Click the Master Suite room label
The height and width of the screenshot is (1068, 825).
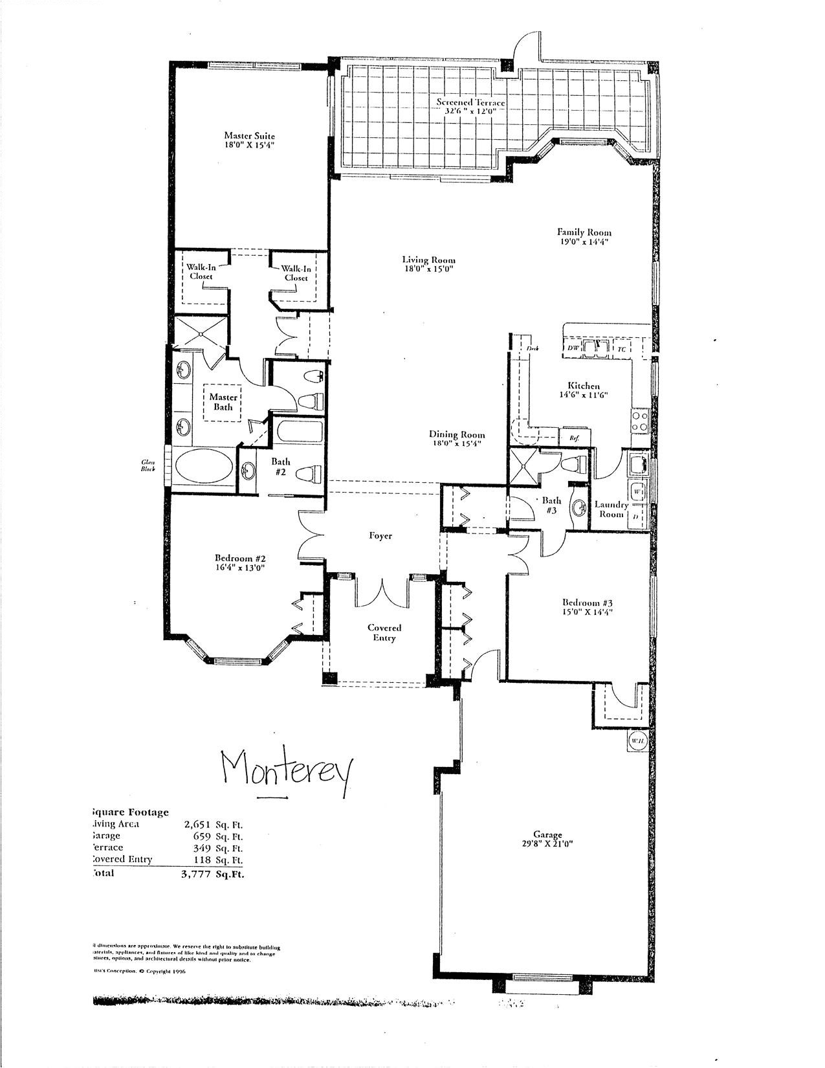[249, 136]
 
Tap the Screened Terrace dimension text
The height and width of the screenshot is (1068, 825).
[470, 111]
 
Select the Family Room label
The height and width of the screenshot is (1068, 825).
[584, 232]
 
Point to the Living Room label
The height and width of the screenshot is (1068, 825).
[424, 260]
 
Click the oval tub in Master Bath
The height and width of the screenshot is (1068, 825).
[203, 467]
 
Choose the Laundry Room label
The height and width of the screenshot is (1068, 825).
[611, 509]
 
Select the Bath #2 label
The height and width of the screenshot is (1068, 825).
[280, 467]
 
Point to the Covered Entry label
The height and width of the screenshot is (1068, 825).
[384, 632]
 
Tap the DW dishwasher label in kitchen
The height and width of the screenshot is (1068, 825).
[573, 348]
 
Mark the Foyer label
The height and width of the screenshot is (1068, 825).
[380, 535]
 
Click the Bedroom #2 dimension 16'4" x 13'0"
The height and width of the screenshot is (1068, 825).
[240, 568]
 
